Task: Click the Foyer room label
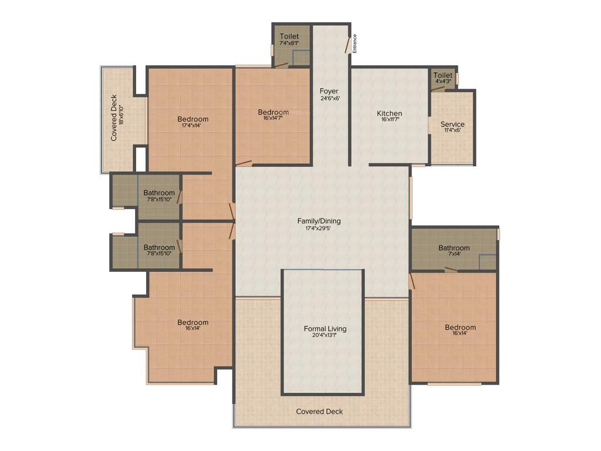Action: pos(329,91)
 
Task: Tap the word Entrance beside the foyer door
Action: pos(354,44)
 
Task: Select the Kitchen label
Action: pos(389,113)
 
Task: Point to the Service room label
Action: pos(453,124)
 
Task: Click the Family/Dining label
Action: pos(319,221)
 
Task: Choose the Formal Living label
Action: pos(325,328)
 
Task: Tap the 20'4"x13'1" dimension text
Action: pos(325,336)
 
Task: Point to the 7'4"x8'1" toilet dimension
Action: pos(289,43)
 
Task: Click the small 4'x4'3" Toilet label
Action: pos(443,75)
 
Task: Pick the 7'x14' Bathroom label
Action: pos(454,248)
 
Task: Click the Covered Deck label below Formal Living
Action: pos(319,412)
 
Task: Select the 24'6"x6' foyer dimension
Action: pos(329,98)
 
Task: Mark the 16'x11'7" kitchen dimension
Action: pos(389,120)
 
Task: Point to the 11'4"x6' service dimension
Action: pos(453,130)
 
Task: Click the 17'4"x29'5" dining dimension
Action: pos(319,228)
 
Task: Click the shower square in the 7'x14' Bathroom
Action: pos(487,262)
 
